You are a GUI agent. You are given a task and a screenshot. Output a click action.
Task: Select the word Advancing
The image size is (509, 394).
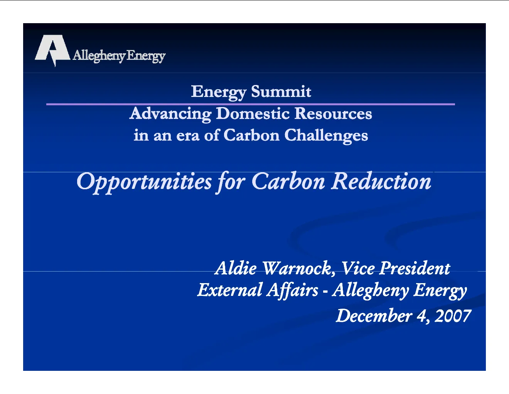(170, 114)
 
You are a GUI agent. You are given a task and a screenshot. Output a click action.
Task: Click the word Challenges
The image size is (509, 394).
(326, 136)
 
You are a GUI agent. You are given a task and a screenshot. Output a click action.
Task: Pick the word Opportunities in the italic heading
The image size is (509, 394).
(144, 182)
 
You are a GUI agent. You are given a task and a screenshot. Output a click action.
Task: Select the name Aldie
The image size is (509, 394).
(236, 268)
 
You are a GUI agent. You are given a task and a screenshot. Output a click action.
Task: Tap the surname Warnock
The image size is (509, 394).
(299, 268)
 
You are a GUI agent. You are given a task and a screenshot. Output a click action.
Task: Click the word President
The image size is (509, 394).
(415, 268)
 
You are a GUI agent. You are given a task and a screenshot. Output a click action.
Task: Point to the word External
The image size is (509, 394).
(230, 290)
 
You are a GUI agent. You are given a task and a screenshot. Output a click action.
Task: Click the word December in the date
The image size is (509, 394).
(374, 316)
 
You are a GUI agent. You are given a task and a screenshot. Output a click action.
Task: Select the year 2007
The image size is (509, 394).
(453, 316)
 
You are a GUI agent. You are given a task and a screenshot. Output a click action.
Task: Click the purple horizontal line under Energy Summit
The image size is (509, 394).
(251, 104)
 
